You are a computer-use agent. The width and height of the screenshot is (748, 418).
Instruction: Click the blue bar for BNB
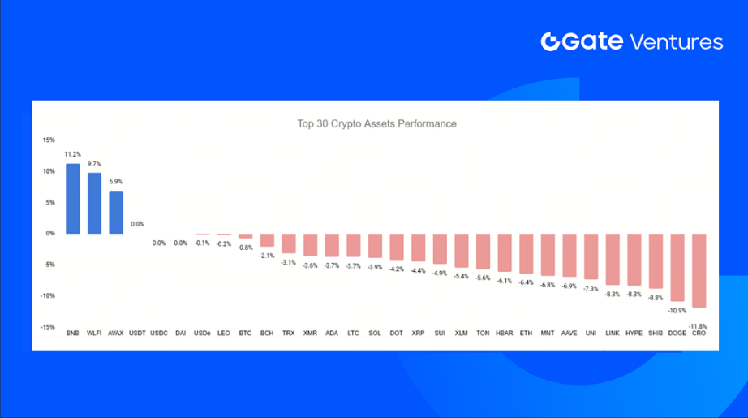72,199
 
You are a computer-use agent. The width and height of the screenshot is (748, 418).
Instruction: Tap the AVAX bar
116,212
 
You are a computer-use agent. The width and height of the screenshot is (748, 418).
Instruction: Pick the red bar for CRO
699,270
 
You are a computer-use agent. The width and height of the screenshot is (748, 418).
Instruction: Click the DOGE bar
677,267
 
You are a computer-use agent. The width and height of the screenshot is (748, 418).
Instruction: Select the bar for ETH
525,253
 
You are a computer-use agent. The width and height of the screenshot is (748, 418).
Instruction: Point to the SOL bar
375,246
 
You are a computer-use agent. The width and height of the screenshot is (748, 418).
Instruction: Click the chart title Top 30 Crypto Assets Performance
376,124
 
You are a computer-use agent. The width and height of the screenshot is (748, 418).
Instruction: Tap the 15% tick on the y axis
49,140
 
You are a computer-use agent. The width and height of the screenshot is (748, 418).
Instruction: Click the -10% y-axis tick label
48,295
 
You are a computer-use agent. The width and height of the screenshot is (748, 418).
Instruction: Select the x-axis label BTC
245,333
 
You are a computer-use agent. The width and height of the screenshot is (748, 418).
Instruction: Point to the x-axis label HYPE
634,333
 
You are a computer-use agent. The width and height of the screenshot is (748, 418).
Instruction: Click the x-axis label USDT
137,333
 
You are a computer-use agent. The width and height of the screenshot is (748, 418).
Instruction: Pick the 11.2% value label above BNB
72,154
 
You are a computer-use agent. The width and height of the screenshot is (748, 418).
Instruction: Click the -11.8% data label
697,325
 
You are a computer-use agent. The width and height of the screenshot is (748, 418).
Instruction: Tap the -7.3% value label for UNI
591,288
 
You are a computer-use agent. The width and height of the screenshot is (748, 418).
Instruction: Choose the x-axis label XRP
418,333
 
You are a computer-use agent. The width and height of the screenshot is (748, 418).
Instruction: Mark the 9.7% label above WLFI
94,163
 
